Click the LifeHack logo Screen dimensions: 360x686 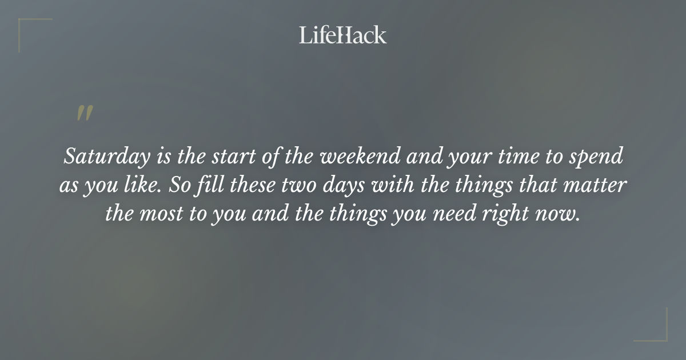[342, 35]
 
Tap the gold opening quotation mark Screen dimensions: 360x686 [85, 113]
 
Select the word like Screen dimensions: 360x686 [143, 186]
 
